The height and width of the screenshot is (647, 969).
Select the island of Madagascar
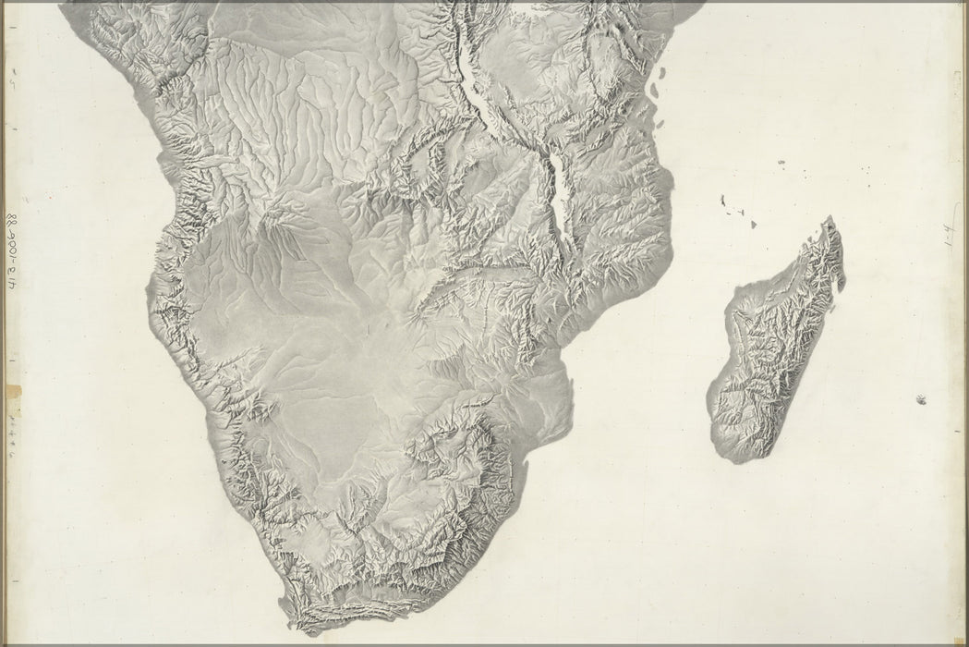click(x=776, y=351)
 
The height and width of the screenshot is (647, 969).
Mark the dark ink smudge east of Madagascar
click(x=921, y=399)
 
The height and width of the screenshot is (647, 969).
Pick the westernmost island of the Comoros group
click(x=719, y=199)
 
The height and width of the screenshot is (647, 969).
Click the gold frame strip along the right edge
click(x=964, y=323)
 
